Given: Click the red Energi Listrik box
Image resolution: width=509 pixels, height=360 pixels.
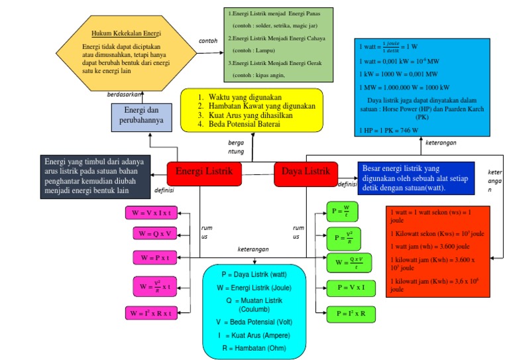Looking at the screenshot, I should (203, 172).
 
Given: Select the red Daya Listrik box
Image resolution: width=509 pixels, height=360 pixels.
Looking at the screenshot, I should (306, 172).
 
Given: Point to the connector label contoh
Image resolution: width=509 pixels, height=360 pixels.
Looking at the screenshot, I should (207, 40).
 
